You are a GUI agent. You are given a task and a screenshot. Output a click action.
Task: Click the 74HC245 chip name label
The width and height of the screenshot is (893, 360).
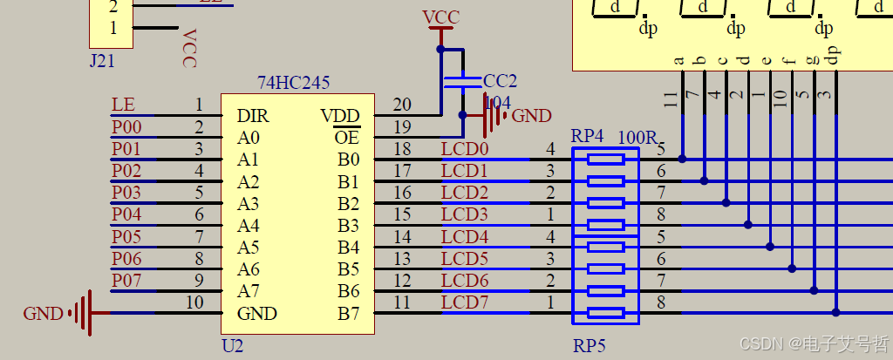[x=293, y=83]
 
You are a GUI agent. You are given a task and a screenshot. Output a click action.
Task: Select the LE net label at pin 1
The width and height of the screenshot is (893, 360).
[x=123, y=105]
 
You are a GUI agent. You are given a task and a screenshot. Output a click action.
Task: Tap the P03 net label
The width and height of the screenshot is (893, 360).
[x=126, y=192]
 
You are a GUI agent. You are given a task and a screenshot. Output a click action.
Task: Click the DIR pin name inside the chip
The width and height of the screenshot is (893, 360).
[x=253, y=116]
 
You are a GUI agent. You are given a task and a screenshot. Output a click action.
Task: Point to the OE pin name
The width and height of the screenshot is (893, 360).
[x=347, y=138]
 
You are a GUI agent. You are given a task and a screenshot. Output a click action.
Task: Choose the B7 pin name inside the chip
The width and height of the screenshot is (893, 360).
[x=348, y=313]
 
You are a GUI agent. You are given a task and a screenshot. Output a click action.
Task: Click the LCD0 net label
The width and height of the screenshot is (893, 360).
[x=465, y=149]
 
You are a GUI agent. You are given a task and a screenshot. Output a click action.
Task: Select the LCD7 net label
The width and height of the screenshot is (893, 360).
[x=465, y=302]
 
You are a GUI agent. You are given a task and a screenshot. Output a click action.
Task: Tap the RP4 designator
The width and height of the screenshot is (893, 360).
[x=587, y=137]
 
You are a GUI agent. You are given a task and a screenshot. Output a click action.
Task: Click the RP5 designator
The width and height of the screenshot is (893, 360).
[x=589, y=346]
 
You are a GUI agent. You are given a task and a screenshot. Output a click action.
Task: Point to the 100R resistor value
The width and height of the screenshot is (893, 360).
[x=637, y=137]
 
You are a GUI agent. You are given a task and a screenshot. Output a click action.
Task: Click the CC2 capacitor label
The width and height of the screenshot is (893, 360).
[x=500, y=81]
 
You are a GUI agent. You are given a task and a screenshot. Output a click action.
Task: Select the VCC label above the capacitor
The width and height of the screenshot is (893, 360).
[x=440, y=18]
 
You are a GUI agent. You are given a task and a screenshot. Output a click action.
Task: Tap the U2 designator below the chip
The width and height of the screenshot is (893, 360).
[x=233, y=346]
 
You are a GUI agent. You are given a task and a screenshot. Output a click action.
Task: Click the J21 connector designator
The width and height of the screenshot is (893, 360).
[x=102, y=61]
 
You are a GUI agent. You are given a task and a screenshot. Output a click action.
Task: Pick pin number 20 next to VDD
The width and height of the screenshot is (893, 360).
[x=402, y=105]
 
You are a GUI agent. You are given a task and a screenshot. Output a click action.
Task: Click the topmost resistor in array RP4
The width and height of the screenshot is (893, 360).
[x=606, y=160]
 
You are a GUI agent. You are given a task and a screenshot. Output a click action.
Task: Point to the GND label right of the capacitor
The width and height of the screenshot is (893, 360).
[x=531, y=116]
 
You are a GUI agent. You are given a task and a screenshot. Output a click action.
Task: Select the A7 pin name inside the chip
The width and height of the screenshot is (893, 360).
[x=248, y=291]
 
